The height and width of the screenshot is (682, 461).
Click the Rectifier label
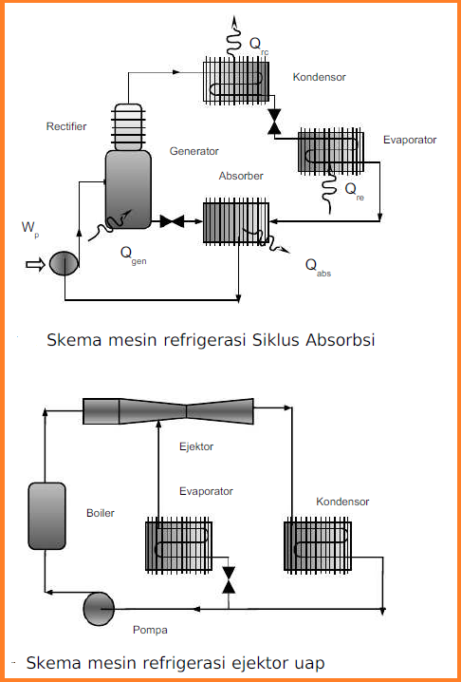pyautogui.click(x=65, y=126)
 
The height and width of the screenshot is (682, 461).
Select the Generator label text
pyautogui.click(x=194, y=151)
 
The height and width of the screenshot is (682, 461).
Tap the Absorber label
pyautogui.click(x=241, y=177)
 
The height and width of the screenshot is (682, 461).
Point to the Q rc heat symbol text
pyautogui.click(x=257, y=44)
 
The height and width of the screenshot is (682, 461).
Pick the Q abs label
pyautogui.click(x=318, y=266)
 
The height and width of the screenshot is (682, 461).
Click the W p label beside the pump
pyautogui.click(x=30, y=228)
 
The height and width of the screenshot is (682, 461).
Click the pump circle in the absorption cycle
pyautogui.click(x=64, y=262)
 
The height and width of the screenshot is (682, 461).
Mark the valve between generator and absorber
pyautogui.click(x=173, y=222)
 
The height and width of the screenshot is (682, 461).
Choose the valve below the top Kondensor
pyautogui.click(x=276, y=122)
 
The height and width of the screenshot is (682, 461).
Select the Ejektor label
pyautogui.click(x=196, y=445)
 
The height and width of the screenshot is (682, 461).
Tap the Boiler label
pyautogui.click(x=101, y=513)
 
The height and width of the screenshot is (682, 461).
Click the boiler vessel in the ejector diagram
pyautogui.click(x=44, y=512)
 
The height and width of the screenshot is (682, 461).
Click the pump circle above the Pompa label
pyautogui.click(x=99, y=606)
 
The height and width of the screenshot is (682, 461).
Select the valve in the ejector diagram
pyautogui.click(x=228, y=580)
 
